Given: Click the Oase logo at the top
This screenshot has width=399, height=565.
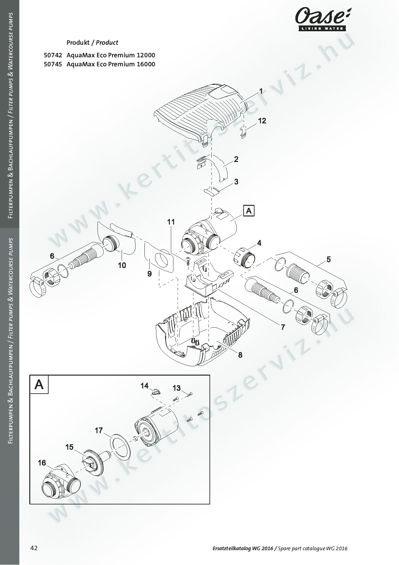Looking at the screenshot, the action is (x=323, y=20).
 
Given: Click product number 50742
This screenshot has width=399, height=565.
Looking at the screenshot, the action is (x=53, y=55).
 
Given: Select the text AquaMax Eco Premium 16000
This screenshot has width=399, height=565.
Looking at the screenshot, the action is (x=111, y=64).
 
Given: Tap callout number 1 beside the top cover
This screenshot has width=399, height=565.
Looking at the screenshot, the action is (x=261, y=91).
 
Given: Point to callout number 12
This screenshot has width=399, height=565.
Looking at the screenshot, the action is (x=262, y=121).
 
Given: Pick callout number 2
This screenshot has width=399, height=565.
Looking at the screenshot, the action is (x=236, y=159).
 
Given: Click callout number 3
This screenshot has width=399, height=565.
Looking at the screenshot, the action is (x=236, y=182).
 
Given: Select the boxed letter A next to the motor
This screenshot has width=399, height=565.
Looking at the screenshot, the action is (x=249, y=211).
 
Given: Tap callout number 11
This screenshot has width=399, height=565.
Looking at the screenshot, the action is (x=171, y=222).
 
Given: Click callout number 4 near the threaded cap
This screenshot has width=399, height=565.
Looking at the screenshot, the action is (x=259, y=243).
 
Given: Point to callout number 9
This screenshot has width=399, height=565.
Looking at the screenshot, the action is (x=150, y=274).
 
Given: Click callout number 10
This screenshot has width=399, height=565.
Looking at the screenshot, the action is (x=122, y=265).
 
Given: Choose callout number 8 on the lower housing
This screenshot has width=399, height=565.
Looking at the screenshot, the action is (x=240, y=355).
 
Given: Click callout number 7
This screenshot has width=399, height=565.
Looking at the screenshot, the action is (x=283, y=327).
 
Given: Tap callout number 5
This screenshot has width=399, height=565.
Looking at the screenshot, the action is (x=329, y=259).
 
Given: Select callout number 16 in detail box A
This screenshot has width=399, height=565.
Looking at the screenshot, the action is (x=42, y=463).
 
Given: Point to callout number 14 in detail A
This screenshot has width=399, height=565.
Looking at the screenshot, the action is (x=144, y=386).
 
